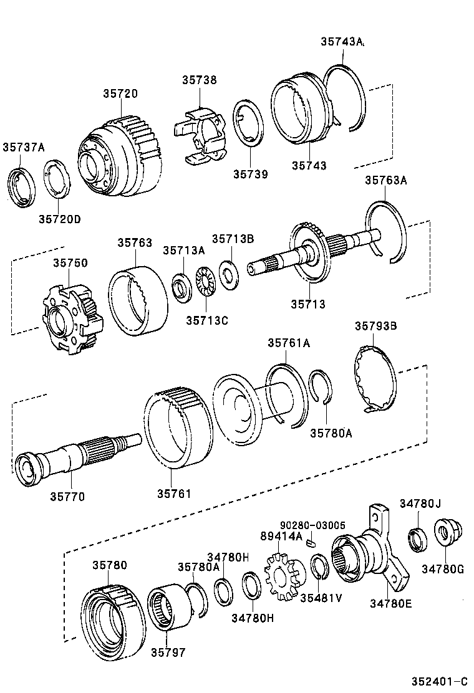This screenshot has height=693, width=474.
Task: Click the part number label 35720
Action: pyautogui.click(x=120, y=93)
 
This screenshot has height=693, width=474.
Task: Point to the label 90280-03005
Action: pyautogui.click(x=312, y=525)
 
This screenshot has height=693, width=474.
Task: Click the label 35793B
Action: pyautogui.click(x=375, y=325)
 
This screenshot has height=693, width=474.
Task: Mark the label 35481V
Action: pyautogui.click(x=321, y=598)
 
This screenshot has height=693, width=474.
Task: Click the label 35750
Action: pyautogui.click(x=70, y=264)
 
